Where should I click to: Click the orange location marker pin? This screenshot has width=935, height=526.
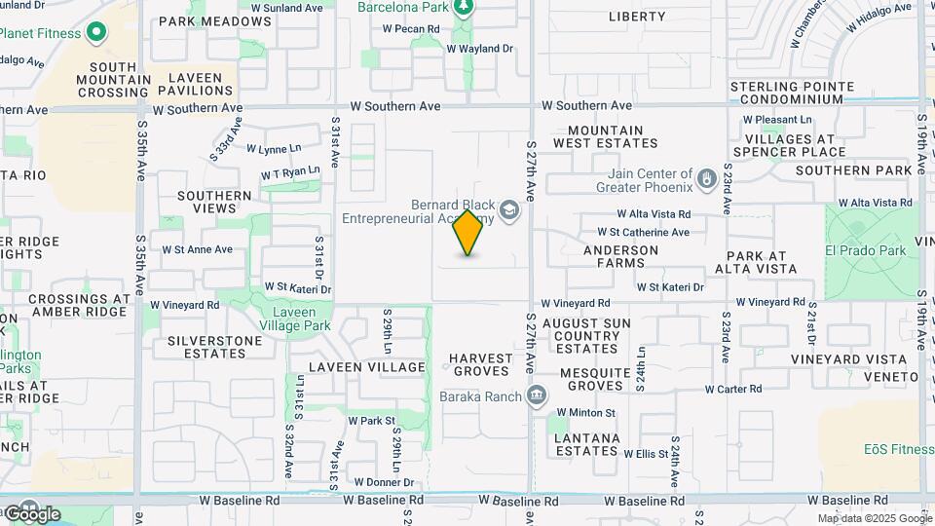click(468, 233)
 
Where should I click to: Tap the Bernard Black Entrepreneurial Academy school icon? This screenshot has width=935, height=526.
click(508, 210)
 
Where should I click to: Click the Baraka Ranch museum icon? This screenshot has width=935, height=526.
click(536, 395)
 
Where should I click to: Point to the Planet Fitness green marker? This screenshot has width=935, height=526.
click(95, 33)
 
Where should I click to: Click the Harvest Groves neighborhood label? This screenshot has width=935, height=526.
click(481, 364)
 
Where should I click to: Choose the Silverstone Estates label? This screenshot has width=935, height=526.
click(214, 347)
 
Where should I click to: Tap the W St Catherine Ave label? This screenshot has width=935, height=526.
click(643, 232)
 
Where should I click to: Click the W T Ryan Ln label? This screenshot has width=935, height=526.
click(290, 171)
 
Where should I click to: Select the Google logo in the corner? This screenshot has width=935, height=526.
click(32, 513)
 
